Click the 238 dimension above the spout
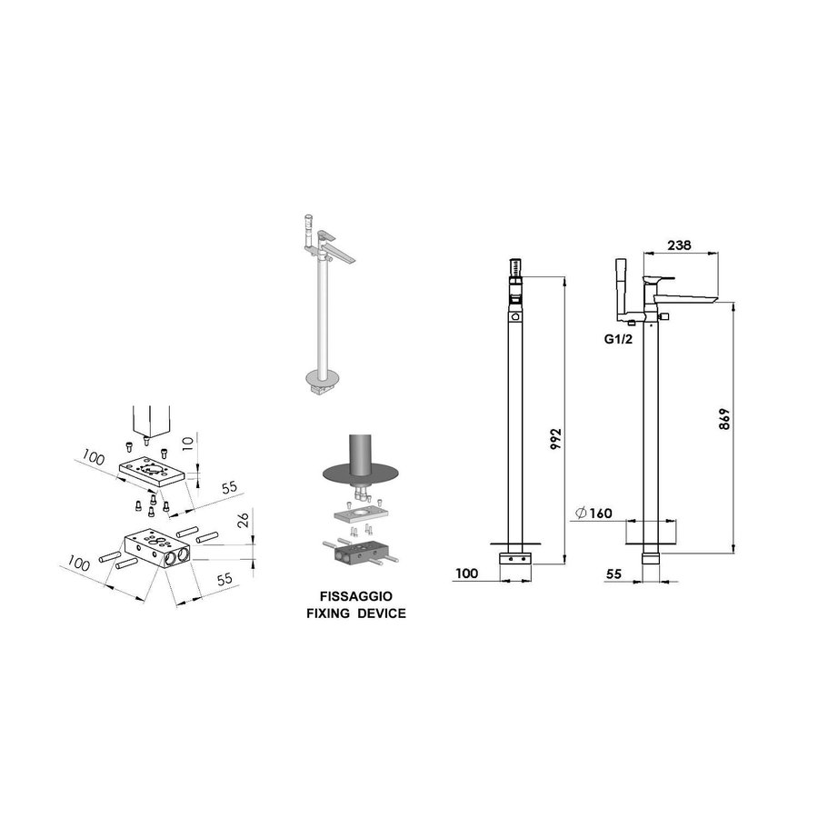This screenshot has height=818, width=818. click(x=679, y=244)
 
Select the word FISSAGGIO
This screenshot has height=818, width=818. click(x=355, y=597)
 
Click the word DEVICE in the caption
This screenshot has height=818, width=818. click(x=381, y=613)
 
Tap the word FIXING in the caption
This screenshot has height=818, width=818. click(x=328, y=613)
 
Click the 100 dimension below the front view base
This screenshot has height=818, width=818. click(x=466, y=573)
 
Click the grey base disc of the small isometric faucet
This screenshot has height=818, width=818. click(x=318, y=374)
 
